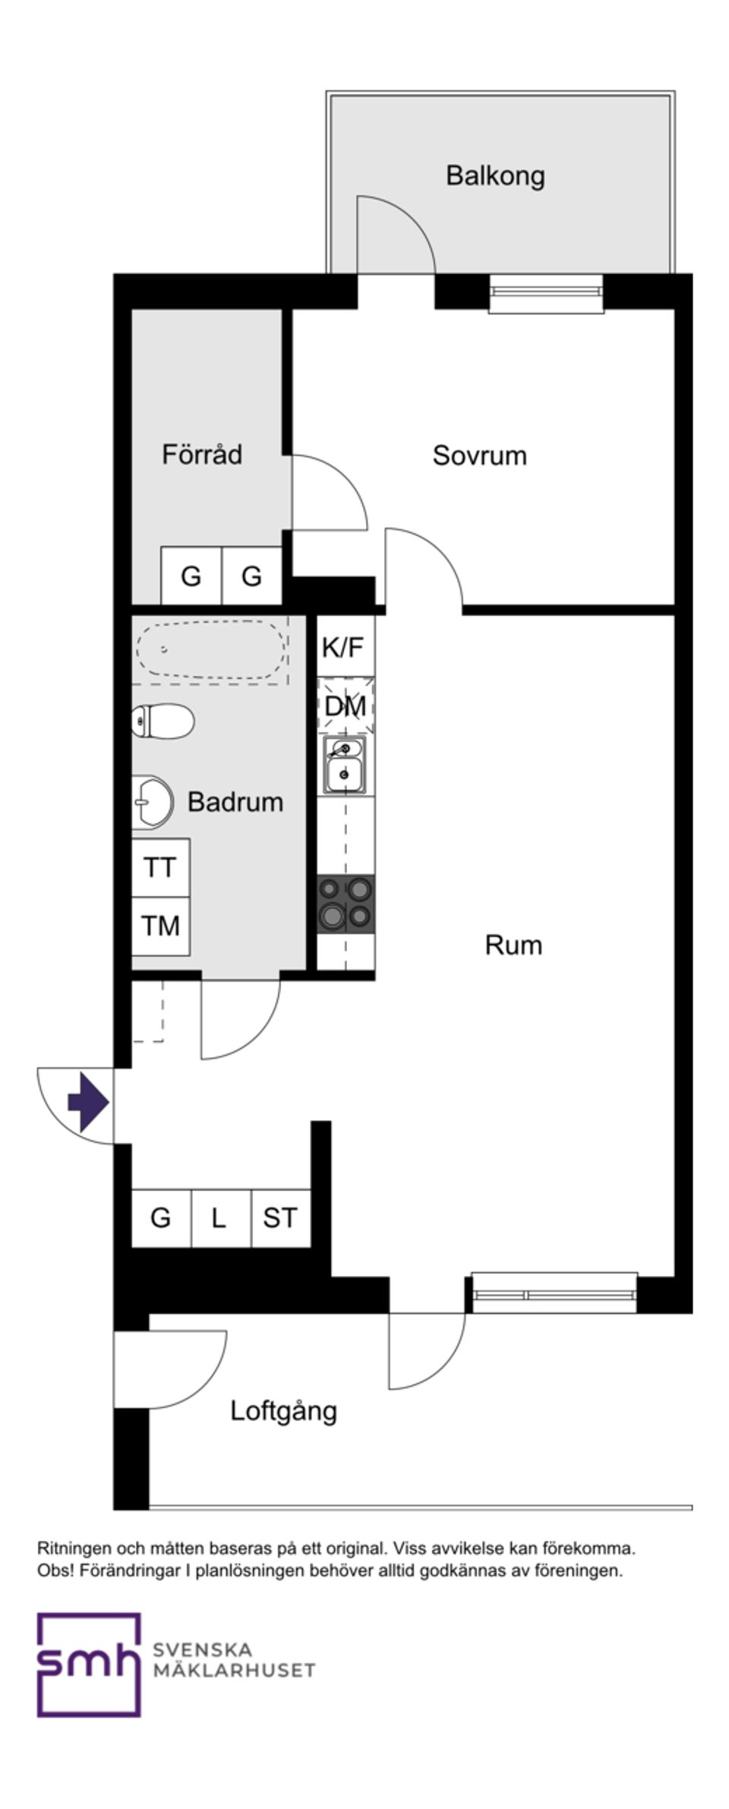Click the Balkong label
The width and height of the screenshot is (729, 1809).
point(494,175)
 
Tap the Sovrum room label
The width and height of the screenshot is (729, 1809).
point(479,455)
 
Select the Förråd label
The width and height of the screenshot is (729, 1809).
point(202,454)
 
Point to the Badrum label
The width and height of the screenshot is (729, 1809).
point(235,801)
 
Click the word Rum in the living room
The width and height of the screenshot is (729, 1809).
point(513,945)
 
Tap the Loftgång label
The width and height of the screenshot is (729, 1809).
point(283,1411)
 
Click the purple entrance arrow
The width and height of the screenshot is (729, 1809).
point(89,1102)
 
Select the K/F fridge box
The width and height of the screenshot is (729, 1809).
point(343,647)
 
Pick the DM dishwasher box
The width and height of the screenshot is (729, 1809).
point(346,706)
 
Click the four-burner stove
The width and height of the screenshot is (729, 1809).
point(346,904)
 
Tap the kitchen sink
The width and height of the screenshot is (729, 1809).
point(346,764)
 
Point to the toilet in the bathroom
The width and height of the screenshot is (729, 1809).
point(163,721)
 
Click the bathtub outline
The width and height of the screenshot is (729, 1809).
point(210,649)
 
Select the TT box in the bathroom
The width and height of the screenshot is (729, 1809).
point(160,867)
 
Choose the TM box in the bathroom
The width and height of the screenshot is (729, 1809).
point(160,926)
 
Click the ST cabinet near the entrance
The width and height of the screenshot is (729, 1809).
point(280,1218)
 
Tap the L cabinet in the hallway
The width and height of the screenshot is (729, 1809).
point(219,1218)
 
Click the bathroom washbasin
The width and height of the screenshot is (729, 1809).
point(151,801)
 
